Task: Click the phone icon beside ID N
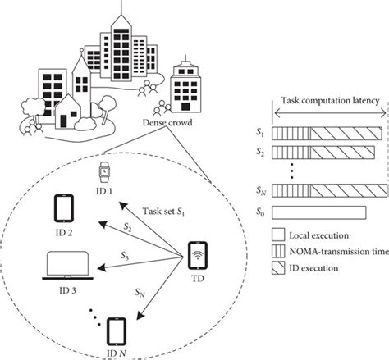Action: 114,332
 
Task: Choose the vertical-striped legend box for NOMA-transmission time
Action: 279,253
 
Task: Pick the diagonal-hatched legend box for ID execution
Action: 279,268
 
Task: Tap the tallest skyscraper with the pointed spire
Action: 120,37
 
